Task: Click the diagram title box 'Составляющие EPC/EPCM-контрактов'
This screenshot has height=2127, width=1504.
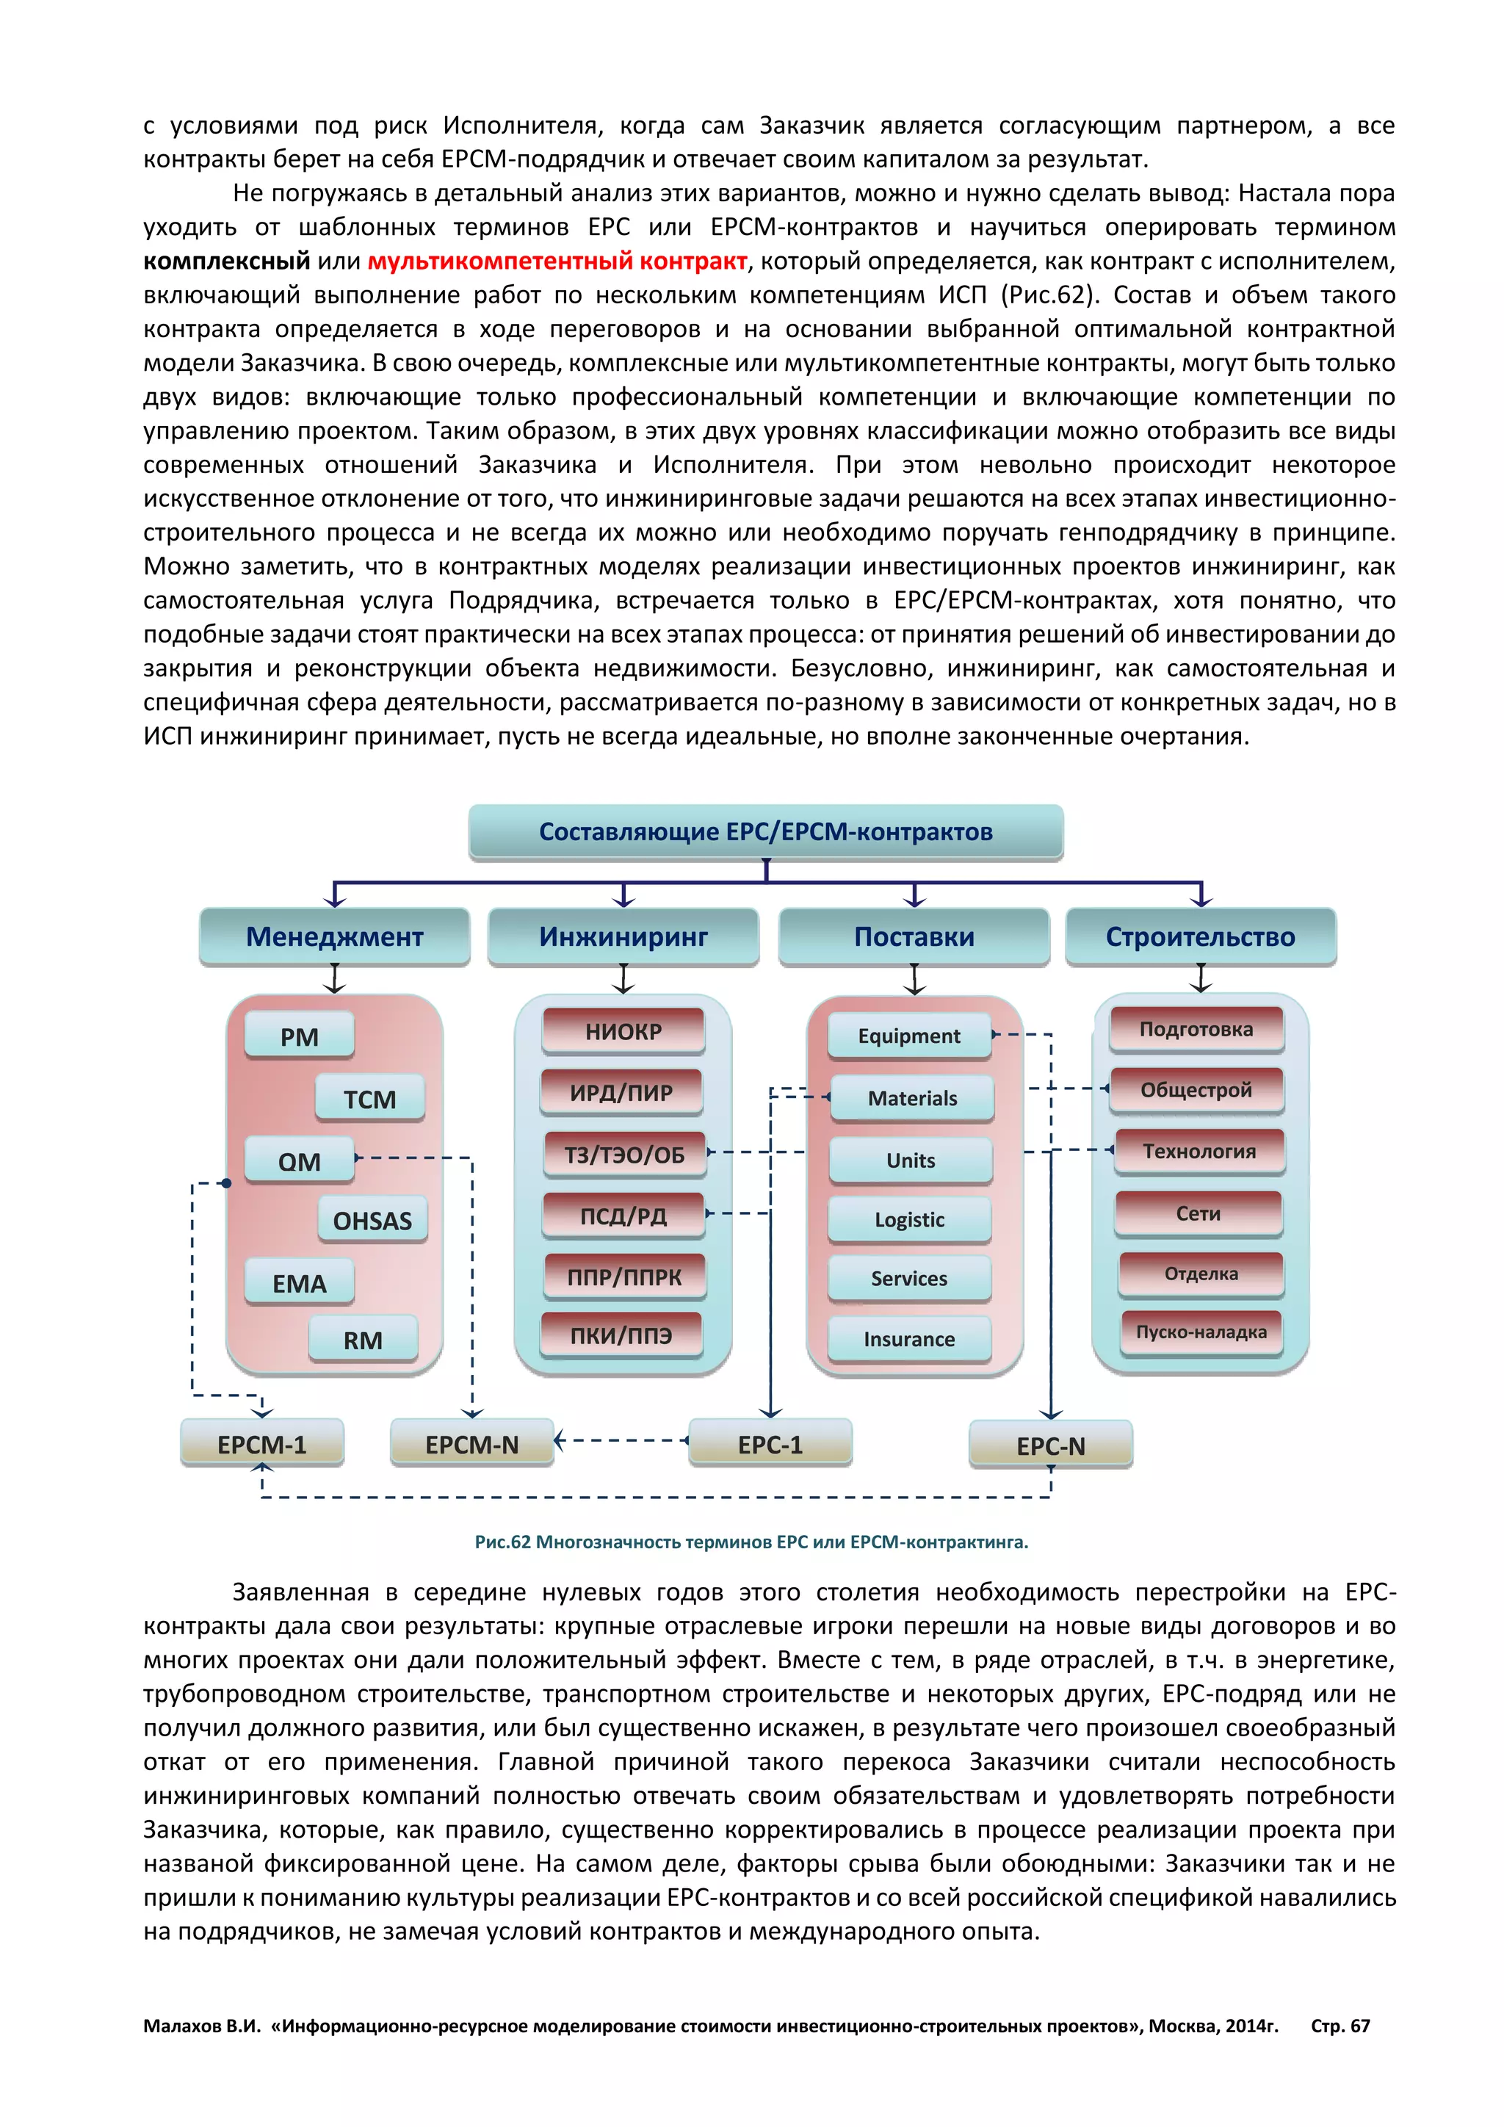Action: [765, 832]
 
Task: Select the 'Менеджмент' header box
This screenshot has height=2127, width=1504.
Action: [334, 936]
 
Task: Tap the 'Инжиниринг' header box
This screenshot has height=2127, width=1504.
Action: [623, 936]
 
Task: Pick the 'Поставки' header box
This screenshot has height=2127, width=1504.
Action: [914, 936]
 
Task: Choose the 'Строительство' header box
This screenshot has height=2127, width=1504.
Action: [1200, 936]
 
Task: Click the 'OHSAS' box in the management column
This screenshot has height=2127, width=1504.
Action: [372, 1221]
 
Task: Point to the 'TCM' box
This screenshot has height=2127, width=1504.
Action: [369, 1099]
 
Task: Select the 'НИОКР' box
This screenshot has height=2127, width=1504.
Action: [623, 1031]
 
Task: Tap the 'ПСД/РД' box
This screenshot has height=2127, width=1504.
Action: [623, 1216]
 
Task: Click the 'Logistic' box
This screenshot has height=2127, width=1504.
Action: [909, 1219]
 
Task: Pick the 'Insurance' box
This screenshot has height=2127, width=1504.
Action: [909, 1339]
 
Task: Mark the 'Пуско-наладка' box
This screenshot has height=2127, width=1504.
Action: [1201, 1332]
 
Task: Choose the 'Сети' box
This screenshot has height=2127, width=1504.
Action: [1198, 1213]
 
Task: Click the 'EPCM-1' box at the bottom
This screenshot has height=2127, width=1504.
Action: [262, 1444]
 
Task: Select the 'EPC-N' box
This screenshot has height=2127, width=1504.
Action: [1050, 1445]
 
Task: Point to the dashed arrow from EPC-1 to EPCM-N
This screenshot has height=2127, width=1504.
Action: [621, 1440]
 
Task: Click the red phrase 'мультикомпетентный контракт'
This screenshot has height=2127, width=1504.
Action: [557, 261]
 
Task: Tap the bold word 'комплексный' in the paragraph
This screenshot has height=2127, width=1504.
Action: [227, 261]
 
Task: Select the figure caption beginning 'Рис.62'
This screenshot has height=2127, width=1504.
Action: [751, 1542]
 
